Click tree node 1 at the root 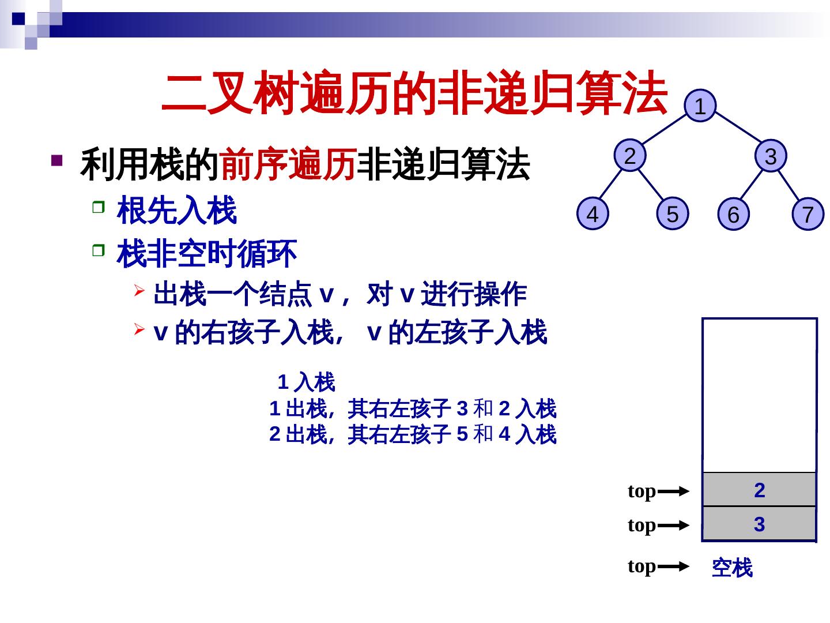[700, 107]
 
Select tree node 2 [630, 156]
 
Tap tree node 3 [771, 156]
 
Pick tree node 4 [593, 214]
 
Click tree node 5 [672, 214]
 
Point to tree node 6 [733, 215]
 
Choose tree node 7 [808, 215]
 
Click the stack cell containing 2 [759, 490]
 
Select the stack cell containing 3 [759, 524]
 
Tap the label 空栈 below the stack [732, 568]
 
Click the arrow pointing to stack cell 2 [673, 491]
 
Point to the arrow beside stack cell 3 [673, 526]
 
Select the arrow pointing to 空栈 [673, 567]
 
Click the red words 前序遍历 [286, 165]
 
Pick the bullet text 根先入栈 [176, 211]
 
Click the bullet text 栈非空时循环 [206, 254]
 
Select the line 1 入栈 [306, 382]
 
